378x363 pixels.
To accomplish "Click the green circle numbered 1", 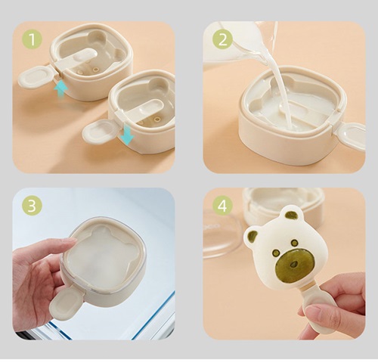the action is tap(33, 39).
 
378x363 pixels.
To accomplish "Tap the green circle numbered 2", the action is tap(223, 39).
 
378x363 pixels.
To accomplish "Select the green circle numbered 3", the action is tap(33, 206).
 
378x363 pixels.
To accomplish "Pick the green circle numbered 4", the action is tap(223, 206).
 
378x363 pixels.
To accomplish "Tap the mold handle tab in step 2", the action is tap(352, 135).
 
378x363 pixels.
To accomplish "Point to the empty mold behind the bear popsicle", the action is tap(283, 204).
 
